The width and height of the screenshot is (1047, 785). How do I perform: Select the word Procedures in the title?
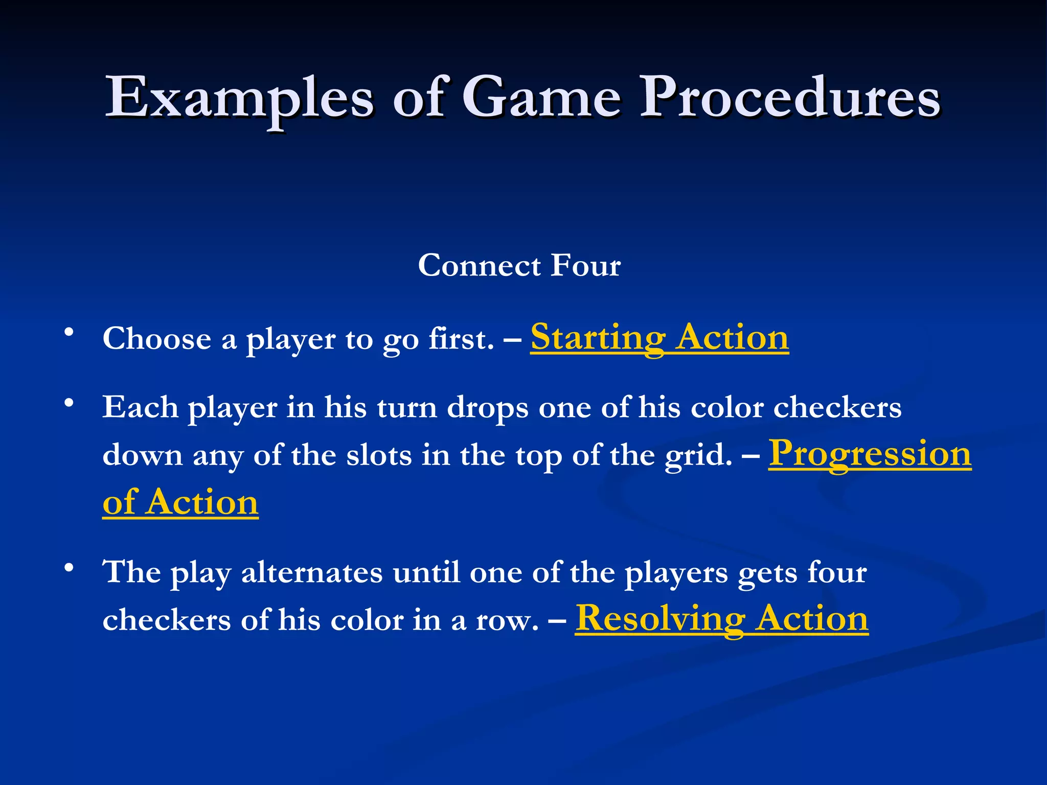click(x=790, y=97)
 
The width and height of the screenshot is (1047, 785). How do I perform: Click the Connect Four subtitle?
click(x=519, y=266)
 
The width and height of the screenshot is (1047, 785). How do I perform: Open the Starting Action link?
click(x=659, y=338)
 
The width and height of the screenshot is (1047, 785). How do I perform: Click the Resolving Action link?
click(x=722, y=619)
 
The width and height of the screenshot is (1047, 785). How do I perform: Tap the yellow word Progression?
click(x=870, y=454)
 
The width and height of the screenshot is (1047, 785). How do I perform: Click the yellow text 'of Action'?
click(x=180, y=502)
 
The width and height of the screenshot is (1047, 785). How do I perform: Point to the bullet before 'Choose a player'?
click(x=69, y=333)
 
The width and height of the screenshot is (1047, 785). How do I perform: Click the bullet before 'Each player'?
click(x=69, y=403)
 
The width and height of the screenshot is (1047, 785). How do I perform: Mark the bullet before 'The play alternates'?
click(x=69, y=567)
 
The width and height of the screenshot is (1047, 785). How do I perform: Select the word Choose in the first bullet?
click(x=157, y=339)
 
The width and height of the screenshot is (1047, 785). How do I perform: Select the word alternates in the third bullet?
click(x=312, y=572)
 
